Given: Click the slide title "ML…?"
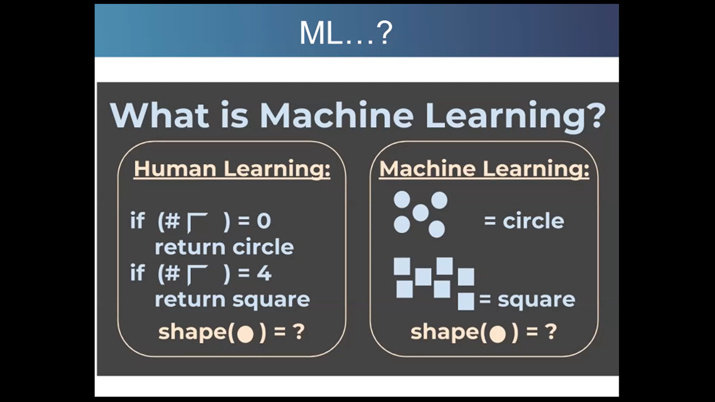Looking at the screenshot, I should click(346, 33).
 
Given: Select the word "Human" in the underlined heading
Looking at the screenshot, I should click(175, 169).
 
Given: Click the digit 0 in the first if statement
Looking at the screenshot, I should click(264, 221).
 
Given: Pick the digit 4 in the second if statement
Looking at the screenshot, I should click(264, 273).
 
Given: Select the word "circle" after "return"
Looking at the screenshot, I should click(263, 247).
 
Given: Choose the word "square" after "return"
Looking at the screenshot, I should click(271, 300).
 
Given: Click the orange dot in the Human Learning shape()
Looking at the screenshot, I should click(245, 334).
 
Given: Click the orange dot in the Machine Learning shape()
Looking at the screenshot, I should click(497, 334).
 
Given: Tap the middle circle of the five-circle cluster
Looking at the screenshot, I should click(420, 213).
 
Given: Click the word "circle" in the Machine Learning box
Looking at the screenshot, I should click(533, 221).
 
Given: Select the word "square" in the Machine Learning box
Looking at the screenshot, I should click(536, 300).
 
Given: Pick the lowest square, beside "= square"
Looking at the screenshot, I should click(466, 301).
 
